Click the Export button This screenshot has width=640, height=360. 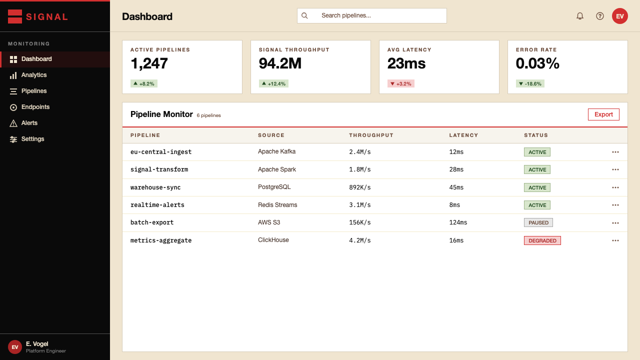point(603,114)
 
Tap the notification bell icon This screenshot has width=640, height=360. point(579,16)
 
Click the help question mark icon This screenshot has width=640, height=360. point(599,16)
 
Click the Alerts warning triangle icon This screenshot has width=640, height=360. point(13,123)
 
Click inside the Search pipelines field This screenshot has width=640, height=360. point(371,15)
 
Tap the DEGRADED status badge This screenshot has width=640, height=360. point(542,240)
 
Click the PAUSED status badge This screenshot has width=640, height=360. point(538,222)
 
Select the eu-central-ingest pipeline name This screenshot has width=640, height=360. point(161,152)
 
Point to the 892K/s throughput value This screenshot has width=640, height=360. point(359,187)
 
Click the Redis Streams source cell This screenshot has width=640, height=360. point(277,205)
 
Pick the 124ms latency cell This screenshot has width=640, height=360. point(458,222)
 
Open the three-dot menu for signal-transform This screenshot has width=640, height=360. point(615,169)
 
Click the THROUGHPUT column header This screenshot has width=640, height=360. point(371,135)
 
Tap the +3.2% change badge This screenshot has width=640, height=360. point(401,83)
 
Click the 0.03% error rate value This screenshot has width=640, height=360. point(537,63)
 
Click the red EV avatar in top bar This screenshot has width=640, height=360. point(619,16)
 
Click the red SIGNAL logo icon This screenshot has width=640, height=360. point(15,16)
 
